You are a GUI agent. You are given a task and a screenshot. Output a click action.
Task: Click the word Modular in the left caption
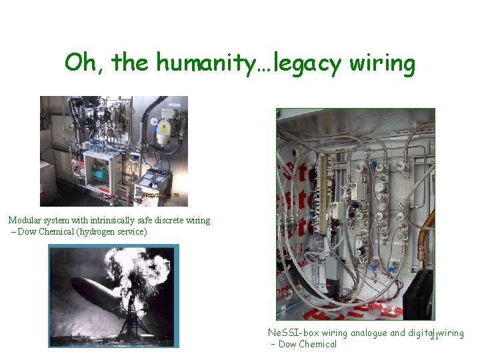click(x=25, y=220)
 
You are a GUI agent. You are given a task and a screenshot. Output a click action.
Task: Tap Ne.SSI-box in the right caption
click(x=293, y=333)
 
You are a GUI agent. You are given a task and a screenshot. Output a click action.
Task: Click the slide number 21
click(x=432, y=338)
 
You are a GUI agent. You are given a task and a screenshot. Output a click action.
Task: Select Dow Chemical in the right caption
click(x=307, y=344)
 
